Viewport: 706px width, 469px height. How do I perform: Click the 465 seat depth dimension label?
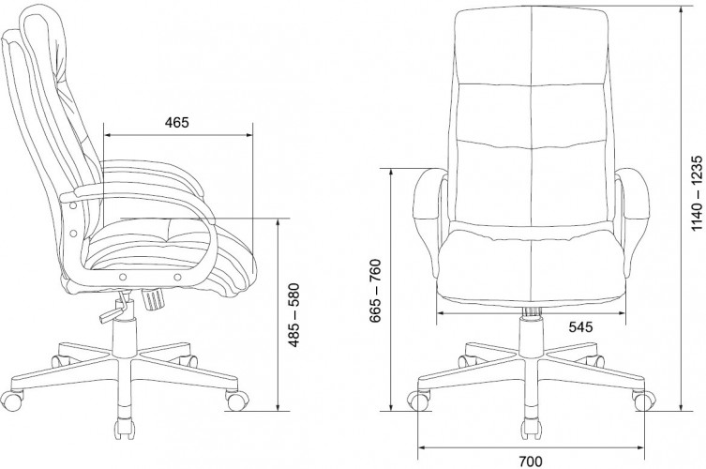click(x=177, y=122)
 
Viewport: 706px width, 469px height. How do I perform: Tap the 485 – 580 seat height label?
click(x=293, y=315)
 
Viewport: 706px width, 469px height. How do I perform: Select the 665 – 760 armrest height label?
click(x=375, y=291)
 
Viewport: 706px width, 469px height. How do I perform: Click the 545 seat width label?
click(x=580, y=327)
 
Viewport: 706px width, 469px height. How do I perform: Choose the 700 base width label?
click(x=531, y=461)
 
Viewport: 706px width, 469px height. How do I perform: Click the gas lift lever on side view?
click(x=113, y=311)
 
